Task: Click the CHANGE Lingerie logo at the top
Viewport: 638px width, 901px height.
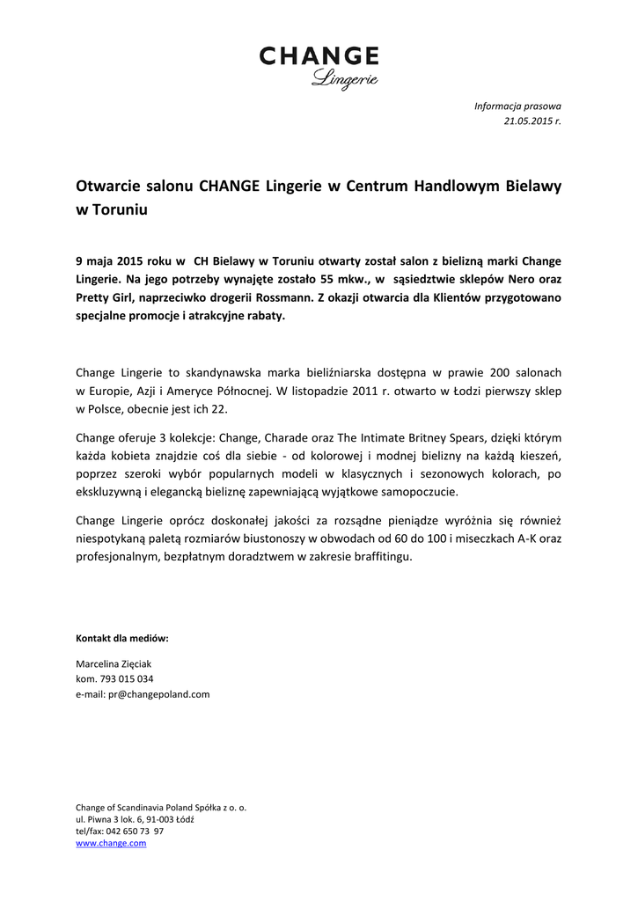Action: [x=319, y=67]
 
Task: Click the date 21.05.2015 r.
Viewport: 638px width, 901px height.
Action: [x=532, y=121]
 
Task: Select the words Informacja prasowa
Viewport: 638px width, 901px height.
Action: [x=517, y=106]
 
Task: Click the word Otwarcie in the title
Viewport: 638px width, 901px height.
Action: [x=105, y=187]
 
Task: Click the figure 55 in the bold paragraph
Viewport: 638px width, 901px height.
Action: [x=299, y=279]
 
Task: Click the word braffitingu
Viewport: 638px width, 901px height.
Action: [x=378, y=557]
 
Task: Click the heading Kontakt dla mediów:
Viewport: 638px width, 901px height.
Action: [x=122, y=638]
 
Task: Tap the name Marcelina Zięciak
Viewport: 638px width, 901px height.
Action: [x=114, y=663]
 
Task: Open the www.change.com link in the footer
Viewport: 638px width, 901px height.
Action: [x=111, y=843]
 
